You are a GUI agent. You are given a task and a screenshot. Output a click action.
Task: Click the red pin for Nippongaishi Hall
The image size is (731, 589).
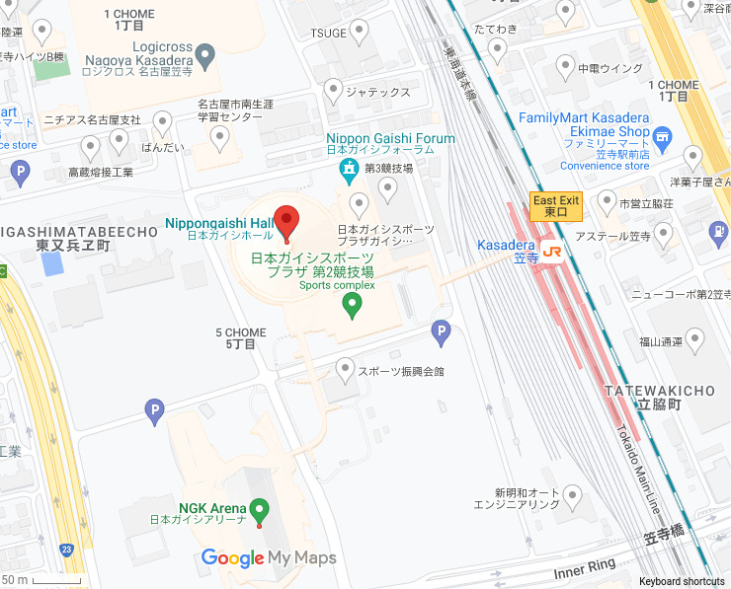(286, 221)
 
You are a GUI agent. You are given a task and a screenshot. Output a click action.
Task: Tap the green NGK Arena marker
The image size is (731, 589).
(260, 510)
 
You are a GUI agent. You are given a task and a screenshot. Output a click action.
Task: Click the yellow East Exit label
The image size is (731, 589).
(557, 205)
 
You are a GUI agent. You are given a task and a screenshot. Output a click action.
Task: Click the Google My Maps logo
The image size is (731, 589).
(269, 557)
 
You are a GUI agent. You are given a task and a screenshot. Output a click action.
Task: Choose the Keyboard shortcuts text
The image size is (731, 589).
(683, 581)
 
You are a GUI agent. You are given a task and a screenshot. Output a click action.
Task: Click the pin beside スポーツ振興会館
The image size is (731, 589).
(345, 370)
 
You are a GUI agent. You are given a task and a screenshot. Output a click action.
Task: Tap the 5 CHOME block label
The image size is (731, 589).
(240, 338)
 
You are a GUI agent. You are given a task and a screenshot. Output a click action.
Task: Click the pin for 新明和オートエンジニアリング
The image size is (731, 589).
(571, 496)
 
